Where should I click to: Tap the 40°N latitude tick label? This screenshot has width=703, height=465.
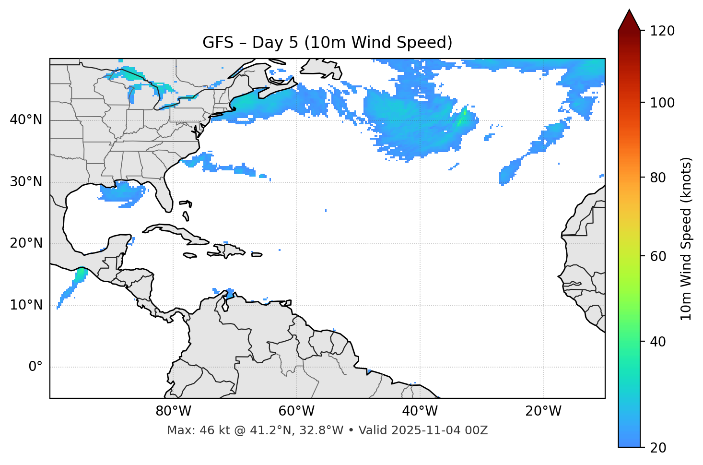[26, 120]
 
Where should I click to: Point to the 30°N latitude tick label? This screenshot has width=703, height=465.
[26, 182]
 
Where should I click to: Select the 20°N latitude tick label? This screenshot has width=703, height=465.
[26, 243]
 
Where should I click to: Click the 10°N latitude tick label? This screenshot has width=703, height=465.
[26, 305]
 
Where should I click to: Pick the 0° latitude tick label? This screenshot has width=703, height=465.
[35, 367]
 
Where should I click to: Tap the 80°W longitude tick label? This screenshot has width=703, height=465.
[173, 411]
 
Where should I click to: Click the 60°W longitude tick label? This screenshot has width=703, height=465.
[296, 411]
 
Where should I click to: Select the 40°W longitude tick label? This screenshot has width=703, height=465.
[420, 411]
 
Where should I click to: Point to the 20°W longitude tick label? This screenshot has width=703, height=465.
[543, 411]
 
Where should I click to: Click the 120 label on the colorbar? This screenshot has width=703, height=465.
[662, 31]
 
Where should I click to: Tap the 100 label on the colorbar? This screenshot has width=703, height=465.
[662, 103]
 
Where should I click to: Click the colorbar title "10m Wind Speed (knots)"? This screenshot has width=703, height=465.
[686, 238]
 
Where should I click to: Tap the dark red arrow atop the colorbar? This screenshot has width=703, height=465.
[629, 21]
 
